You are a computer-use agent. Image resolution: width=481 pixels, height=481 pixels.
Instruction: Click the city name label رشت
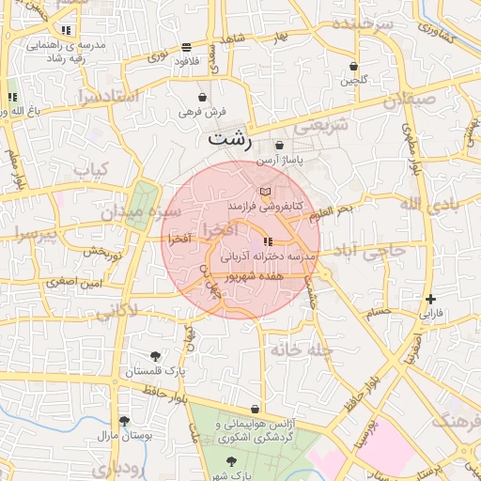click(230, 138)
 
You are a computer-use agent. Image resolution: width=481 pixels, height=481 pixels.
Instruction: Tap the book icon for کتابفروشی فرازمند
click(264, 192)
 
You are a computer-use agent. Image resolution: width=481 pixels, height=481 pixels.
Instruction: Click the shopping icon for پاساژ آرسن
click(279, 146)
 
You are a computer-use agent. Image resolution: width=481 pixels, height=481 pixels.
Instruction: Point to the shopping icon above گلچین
click(353, 67)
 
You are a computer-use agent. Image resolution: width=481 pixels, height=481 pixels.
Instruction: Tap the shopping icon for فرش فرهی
click(202, 97)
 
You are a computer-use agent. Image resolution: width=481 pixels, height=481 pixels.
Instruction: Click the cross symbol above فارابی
click(430, 299)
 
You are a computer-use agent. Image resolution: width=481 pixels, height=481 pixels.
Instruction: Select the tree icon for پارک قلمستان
click(155, 356)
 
